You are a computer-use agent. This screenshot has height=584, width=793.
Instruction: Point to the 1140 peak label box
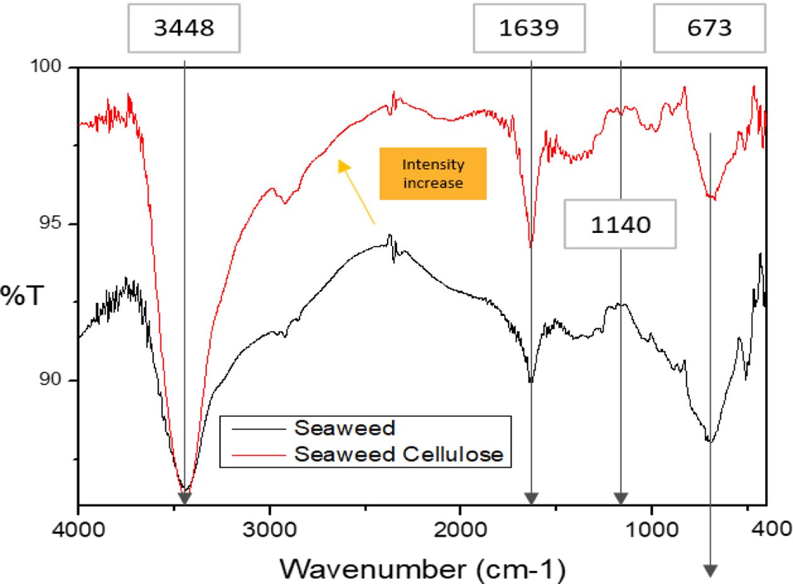[620, 224]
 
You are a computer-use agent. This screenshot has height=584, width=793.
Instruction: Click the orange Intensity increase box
[433, 174]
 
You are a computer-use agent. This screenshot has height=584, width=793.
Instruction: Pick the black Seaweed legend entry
[345, 429]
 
